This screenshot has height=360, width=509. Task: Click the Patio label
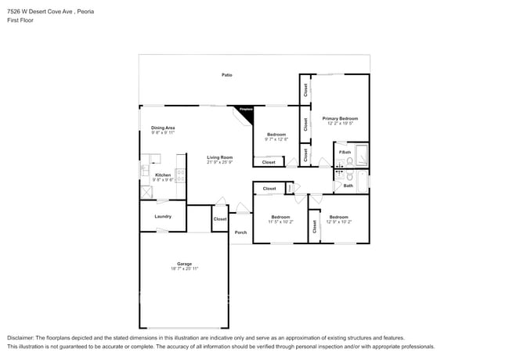(x=226, y=75)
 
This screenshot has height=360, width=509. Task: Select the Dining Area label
(x=163, y=128)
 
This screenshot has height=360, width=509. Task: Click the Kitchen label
(x=163, y=175)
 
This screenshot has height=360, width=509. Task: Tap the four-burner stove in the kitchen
(x=181, y=175)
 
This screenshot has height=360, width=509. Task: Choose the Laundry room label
(x=163, y=216)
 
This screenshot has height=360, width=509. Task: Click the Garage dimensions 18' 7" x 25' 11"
(x=185, y=268)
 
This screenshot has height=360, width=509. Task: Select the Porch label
(x=240, y=232)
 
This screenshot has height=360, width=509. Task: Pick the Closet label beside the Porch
(x=220, y=219)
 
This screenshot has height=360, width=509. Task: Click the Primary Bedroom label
(x=340, y=118)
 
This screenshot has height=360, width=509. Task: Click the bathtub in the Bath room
(x=362, y=182)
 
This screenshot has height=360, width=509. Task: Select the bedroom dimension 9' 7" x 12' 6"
(x=276, y=139)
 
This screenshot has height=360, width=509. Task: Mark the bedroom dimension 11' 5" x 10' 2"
(x=280, y=221)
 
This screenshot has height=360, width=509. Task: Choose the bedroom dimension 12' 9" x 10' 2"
(x=338, y=221)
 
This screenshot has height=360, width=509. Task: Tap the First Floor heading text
(x=20, y=20)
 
